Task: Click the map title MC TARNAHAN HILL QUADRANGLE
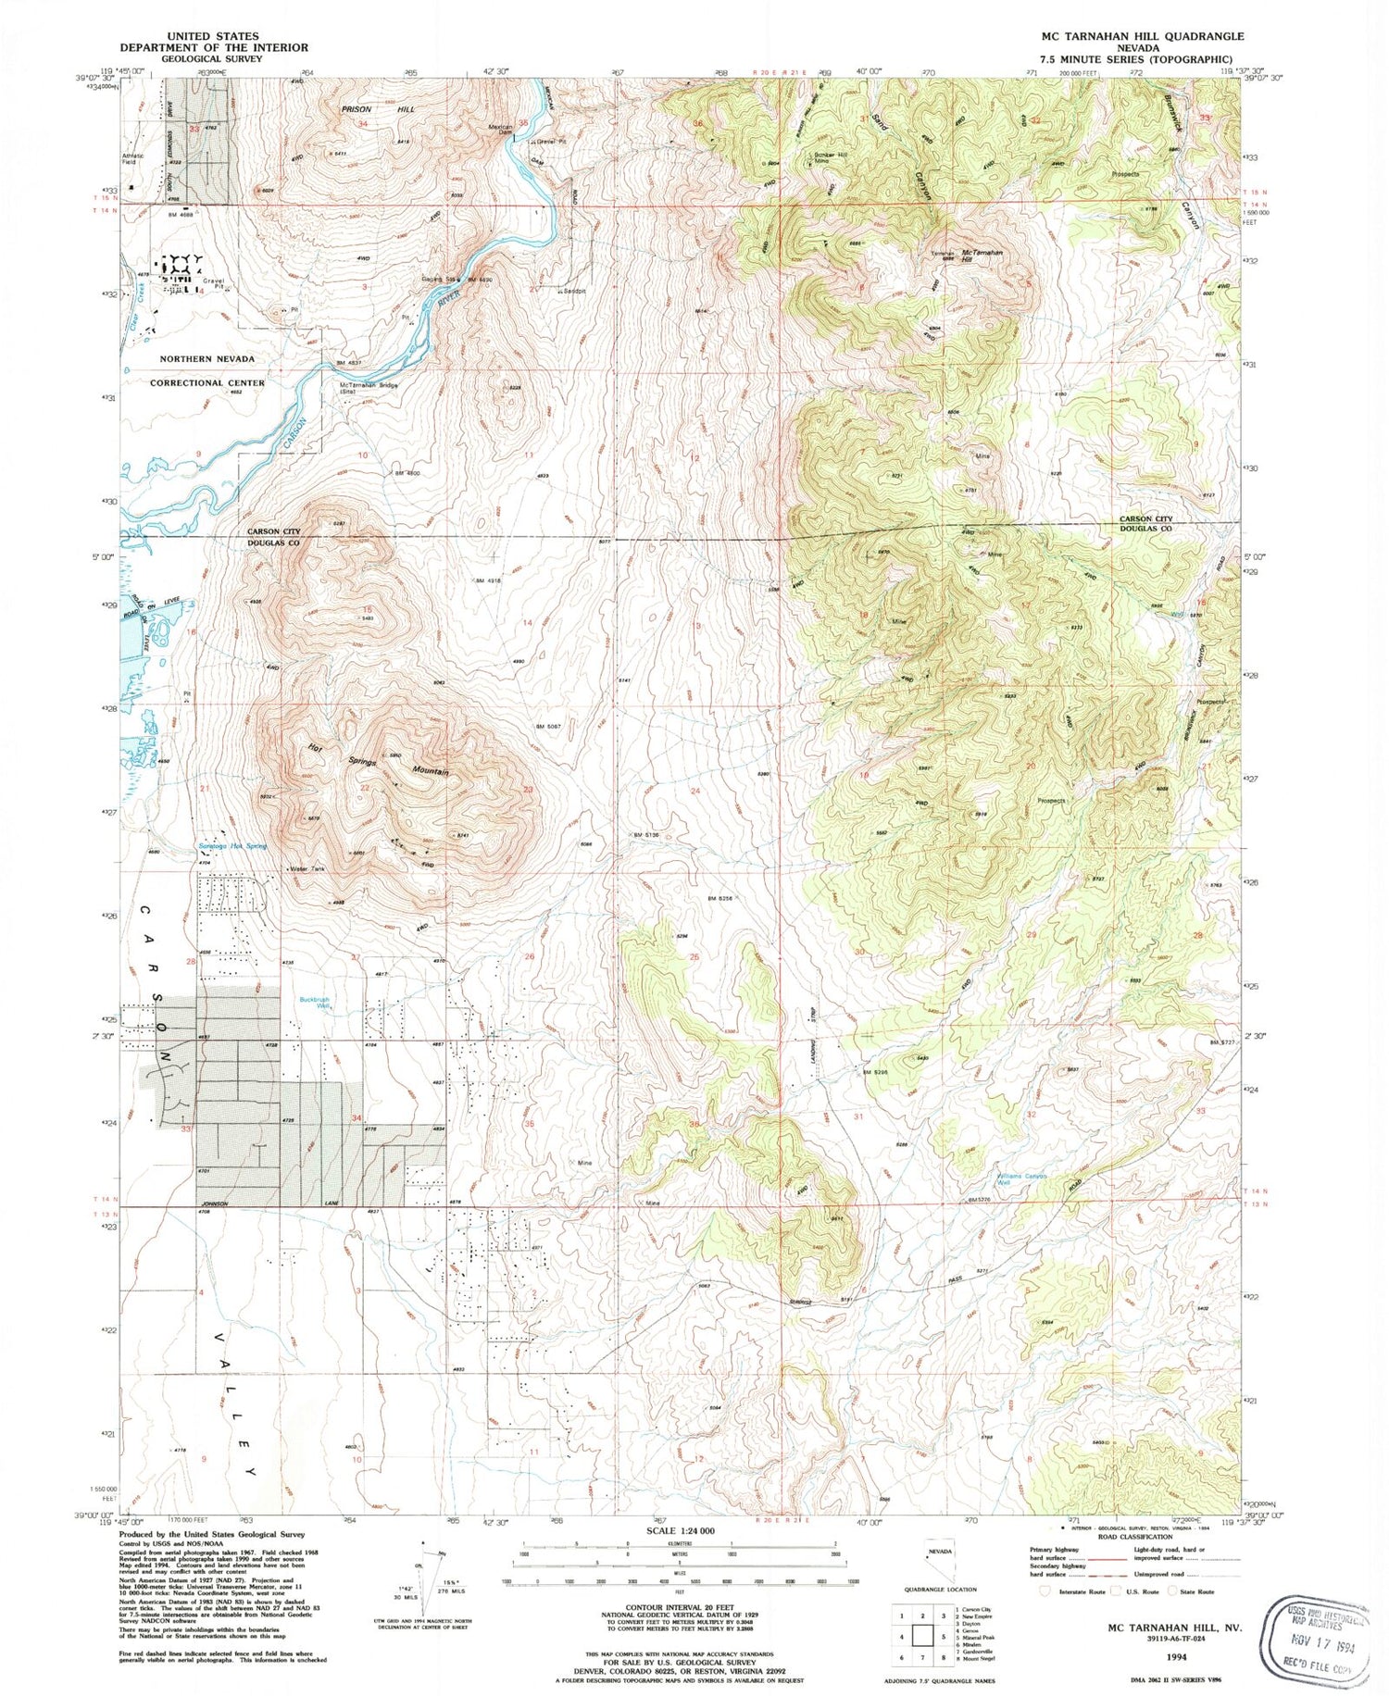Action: click(1130, 36)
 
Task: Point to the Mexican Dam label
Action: click(501, 131)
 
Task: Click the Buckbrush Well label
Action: click(315, 1003)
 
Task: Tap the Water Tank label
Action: click(307, 869)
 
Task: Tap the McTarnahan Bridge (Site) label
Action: click(368, 388)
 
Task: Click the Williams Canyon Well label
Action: click(1022, 1179)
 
